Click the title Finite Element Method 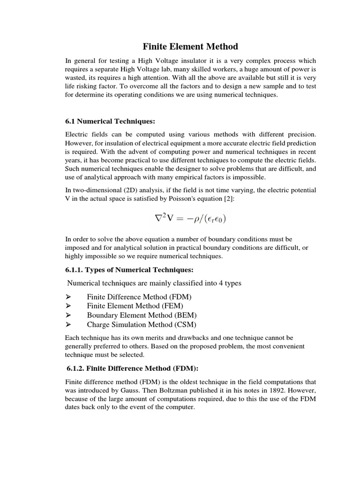point(190,46)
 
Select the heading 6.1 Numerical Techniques point(110,121)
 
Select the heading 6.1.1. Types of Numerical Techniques point(129,270)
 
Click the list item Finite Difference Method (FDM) point(139,297)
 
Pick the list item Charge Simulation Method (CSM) point(142,324)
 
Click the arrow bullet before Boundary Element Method point(68,315)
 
